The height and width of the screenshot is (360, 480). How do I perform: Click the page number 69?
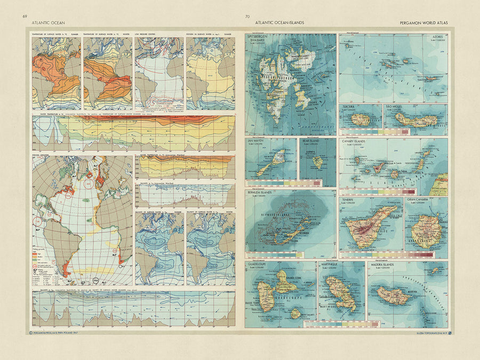click(x=25, y=17)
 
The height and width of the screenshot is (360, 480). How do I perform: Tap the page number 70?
click(x=247, y=17)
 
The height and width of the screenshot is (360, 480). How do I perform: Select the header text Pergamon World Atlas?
click(x=424, y=23)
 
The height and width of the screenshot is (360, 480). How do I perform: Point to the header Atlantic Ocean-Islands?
click(x=279, y=23)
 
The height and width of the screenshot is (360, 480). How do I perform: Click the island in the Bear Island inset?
click(x=318, y=162)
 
